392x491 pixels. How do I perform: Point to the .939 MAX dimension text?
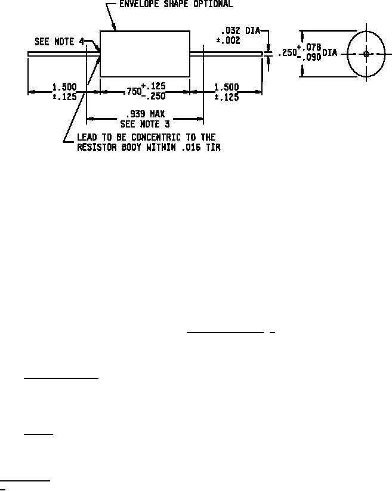tap(145, 113)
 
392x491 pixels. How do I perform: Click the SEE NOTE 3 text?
tap(145, 125)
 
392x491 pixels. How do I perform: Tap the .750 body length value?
tap(131, 92)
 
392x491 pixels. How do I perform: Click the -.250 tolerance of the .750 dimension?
tap(153, 97)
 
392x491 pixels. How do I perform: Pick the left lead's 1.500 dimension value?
tap(64, 87)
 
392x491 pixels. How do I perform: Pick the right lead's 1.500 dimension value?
tap(226, 87)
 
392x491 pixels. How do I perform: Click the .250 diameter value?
tap(286, 53)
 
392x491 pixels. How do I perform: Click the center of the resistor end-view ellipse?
tap(366, 54)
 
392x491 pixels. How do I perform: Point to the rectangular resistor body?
tap(145, 54)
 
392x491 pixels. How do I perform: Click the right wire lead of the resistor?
tap(226, 54)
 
